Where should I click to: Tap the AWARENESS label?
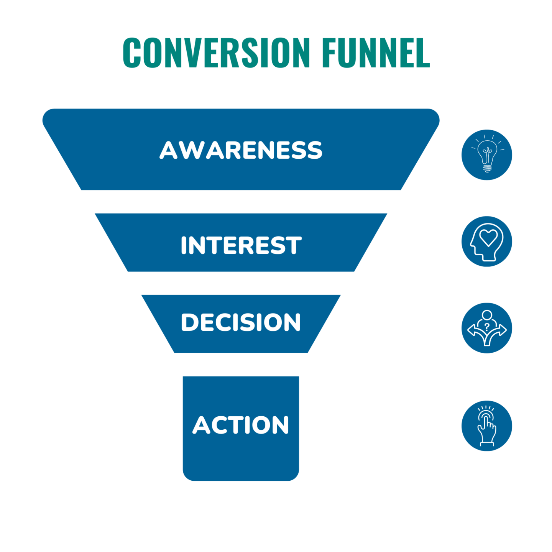[x=241, y=150]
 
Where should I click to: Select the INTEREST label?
[x=241, y=245]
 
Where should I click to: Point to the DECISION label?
[x=241, y=322]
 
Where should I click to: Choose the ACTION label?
[x=241, y=425]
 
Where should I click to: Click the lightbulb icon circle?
[x=486, y=155]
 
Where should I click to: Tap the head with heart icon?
[x=486, y=242]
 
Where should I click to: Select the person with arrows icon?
[x=486, y=328]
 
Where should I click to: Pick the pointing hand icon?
[x=486, y=426]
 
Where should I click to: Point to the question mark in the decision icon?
[x=487, y=327]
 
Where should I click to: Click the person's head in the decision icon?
[x=487, y=315]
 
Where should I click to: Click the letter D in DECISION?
[x=189, y=322]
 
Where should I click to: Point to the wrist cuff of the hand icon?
[x=487, y=444]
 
